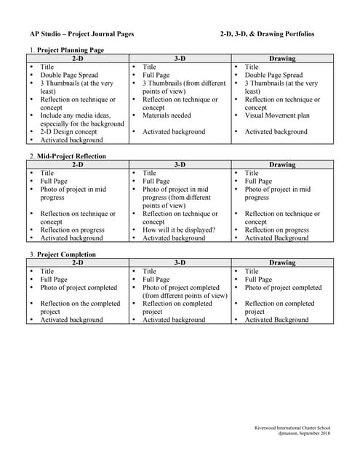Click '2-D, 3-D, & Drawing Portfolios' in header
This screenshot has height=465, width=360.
pos(267,34)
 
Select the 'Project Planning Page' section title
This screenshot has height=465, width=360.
pos(71,50)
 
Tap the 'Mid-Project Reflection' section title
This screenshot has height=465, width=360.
pos(71,156)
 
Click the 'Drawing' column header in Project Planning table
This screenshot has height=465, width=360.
pos(282,58)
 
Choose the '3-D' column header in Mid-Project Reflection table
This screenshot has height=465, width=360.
pos(180,165)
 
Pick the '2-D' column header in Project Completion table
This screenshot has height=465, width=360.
pos(77,263)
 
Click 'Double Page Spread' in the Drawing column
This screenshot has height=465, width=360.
pos(273,75)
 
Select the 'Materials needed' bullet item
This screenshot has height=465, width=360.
pos(167,116)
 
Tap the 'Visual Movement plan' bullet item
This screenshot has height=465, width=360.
pos(277,116)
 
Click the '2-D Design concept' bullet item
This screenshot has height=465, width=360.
pos(68,132)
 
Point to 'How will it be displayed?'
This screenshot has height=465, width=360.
pos(179,230)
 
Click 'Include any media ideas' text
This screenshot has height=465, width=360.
pos(76,116)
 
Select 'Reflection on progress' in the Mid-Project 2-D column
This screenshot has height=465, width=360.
pos(72,230)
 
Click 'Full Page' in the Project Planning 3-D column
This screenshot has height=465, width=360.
pos(156,75)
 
